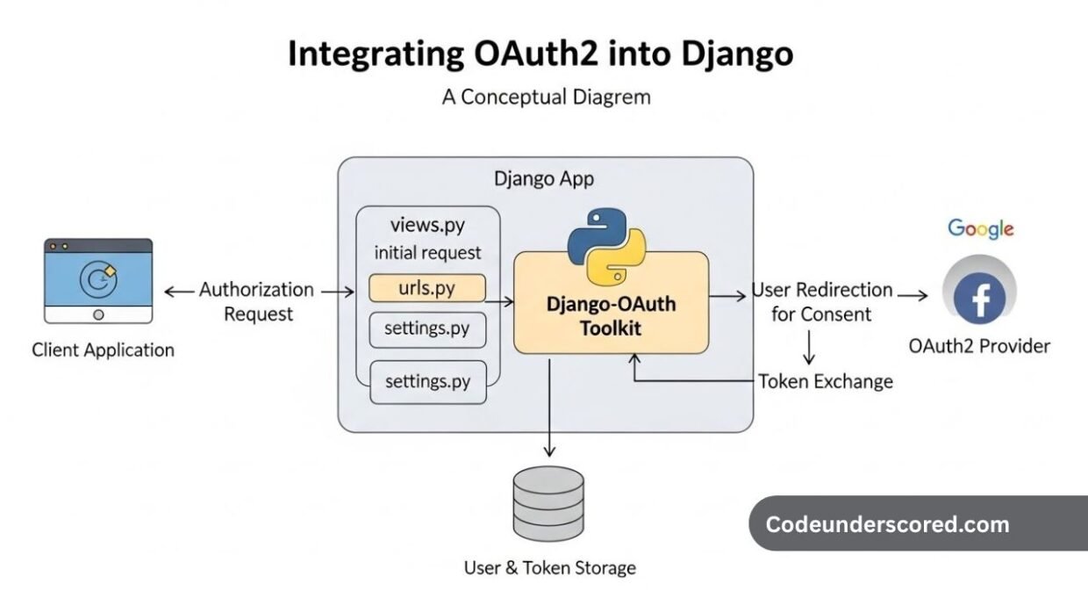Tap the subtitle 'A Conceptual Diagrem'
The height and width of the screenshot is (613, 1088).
tap(546, 97)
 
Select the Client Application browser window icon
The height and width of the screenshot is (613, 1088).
tap(98, 281)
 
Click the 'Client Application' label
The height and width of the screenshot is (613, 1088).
tap(103, 350)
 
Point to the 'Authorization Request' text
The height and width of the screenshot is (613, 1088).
tap(256, 301)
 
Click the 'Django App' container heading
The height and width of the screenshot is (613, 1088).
tap(544, 179)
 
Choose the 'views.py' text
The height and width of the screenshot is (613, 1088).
tap(427, 226)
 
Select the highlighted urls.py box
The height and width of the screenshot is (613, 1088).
tap(427, 288)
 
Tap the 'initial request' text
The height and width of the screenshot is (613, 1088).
tap(427, 253)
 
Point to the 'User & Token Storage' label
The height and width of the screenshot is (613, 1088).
tap(549, 567)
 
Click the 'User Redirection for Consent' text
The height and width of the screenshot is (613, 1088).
tap(821, 301)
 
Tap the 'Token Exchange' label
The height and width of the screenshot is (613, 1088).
tap(825, 381)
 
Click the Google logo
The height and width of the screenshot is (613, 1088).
tap(980, 229)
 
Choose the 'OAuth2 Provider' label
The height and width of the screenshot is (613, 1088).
tap(978, 346)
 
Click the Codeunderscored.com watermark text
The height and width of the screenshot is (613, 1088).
tap(887, 525)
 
